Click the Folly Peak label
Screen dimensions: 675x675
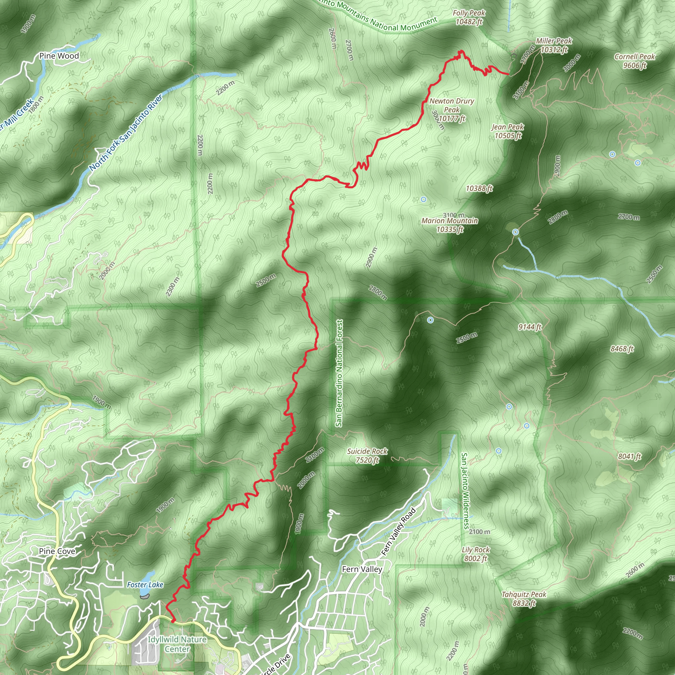(x=469, y=17)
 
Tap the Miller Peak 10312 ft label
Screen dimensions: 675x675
(x=554, y=45)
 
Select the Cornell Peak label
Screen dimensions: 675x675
(x=634, y=61)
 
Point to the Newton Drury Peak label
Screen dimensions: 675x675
(x=452, y=110)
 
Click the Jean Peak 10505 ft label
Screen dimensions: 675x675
(x=508, y=131)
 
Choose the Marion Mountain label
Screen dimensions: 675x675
(x=450, y=225)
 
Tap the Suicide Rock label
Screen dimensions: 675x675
(x=367, y=455)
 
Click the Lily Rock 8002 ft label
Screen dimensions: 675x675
(x=476, y=554)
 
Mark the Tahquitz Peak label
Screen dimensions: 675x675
(x=524, y=599)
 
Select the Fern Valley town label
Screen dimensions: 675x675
(x=362, y=569)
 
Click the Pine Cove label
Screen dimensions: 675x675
(x=57, y=551)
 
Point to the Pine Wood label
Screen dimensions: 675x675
(x=59, y=56)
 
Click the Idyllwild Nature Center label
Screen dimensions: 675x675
(x=177, y=644)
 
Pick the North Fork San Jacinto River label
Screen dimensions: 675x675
(x=126, y=133)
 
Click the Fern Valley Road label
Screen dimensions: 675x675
(x=399, y=532)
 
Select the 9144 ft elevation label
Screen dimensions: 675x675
(x=530, y=327)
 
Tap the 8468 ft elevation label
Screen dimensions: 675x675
(x=622, y=349)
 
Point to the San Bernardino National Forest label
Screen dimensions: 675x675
(x=339, y=373)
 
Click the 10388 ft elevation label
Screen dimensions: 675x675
(x=479, y=188)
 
